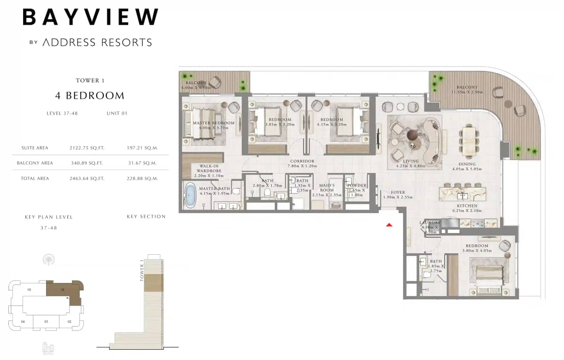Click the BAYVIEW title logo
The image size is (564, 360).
[x=90, y=17]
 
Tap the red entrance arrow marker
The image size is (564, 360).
[x=389, y=225]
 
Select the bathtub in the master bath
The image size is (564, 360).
[x=190, y=196]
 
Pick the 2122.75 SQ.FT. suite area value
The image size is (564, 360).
[x=86, y=148]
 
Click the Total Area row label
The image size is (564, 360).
[x=35, y=179]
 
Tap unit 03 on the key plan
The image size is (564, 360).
[x=47, y=321]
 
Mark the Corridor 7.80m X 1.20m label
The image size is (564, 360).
[x=302, y=164]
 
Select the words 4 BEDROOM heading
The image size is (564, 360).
[x=90, y=96]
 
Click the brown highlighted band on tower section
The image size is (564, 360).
[x=153, y=282]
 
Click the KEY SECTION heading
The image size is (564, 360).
[x=146, y=217]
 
